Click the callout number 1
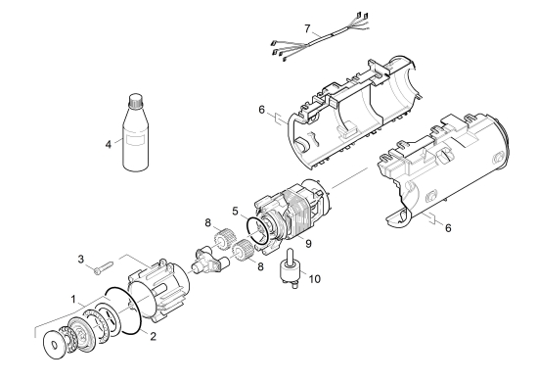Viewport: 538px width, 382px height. (x=73, y=299)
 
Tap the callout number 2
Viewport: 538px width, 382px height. (x=153, y=336)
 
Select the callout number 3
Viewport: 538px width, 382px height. (x=80, y=259)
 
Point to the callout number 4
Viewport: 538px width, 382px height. (x=108, y=145)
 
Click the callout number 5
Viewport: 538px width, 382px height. (x=235, y=211)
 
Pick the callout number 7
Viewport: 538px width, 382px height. (x=307, y=28)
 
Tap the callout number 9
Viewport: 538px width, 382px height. (x=308, y=244)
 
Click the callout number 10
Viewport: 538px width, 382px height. (x=314, y=278)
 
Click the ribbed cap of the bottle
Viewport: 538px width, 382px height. (x=135, y=99)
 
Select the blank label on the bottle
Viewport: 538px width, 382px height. (x=135, y=140)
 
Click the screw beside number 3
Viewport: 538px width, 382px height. (x=103, y=267)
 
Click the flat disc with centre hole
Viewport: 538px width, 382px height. (x=54, y=345)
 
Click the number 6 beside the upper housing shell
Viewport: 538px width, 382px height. (x=261, y=110)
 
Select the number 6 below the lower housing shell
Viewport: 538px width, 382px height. (x=448, y=228)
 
